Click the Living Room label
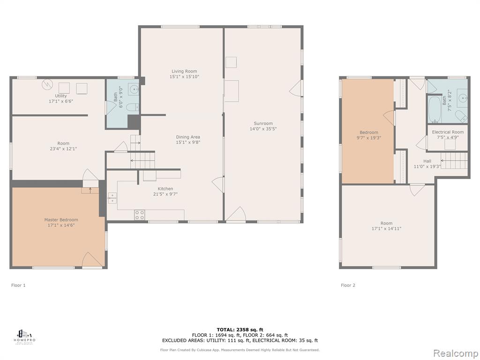pos(184,71)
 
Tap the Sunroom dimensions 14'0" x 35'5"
pos(263,129)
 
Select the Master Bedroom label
pos(61,220)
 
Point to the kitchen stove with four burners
pos(140,215)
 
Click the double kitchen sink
pos(112,198)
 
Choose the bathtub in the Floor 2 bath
pos(434,109)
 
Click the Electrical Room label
pos(448,132)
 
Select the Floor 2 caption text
pos(348,285)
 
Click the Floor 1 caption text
pos(18,285)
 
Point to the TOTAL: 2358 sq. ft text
pos(240,330)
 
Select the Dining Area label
pos(188,137)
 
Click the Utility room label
pos(61,96)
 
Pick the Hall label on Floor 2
pos(427,161)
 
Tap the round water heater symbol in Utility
pos(47,84)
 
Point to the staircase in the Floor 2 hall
pos(454,161)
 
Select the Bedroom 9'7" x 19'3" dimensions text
pos(369,138)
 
